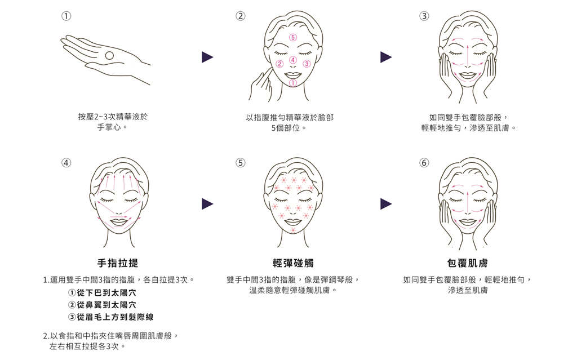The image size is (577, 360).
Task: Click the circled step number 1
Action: point(66,16)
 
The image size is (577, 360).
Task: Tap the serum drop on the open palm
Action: point(109,56)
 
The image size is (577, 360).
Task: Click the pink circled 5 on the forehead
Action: point(293,37)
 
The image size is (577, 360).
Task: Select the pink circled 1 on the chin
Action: point(293,83)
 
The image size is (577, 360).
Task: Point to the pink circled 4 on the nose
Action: point(293,60)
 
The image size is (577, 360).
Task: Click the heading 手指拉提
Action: point(118,263)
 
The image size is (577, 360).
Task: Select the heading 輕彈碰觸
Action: point(293,263)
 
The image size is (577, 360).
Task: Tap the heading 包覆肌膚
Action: point(467,263)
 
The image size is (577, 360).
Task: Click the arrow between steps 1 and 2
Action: point(207,57)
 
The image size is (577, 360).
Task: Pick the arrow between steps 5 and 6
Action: point(385,203)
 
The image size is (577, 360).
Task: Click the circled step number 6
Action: point(424,163)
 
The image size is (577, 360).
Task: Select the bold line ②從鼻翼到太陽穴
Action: point(103,305)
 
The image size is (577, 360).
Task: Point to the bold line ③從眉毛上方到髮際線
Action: point(111,317)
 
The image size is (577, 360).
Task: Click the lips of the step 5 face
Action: point(293,222)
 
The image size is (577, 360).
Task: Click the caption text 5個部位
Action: point(289,128)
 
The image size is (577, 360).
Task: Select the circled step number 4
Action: point(66,163)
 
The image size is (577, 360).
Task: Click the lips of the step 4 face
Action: point(119,222)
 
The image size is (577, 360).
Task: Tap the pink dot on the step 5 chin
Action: point(293,230)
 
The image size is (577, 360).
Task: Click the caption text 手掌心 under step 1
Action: point(112,127)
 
